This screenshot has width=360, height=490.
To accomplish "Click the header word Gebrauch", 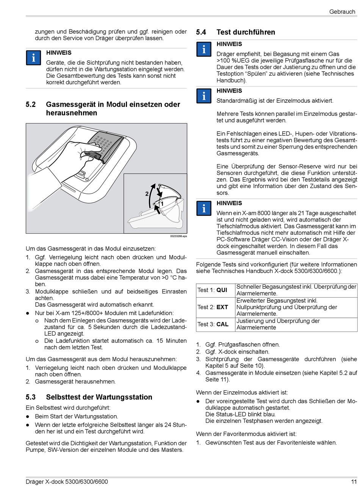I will click(342, 12).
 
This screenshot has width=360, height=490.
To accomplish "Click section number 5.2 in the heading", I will click(31, 104).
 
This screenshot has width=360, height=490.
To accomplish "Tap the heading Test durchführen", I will click(246, 32).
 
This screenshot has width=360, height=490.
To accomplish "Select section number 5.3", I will click(31, 397).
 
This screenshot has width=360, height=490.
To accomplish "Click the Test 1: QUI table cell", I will click(216, 290).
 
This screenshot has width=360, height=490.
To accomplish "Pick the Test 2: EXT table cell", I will click(216, 307).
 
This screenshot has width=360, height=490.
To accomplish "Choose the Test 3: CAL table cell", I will click(216, 324).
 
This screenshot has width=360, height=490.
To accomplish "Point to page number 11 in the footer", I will click(354, 482).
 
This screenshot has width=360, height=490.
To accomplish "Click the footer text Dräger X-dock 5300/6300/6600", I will click(67, 482).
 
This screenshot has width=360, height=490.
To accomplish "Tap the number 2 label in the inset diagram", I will click(147, 194).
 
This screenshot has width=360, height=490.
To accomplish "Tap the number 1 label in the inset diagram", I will click(162, 204).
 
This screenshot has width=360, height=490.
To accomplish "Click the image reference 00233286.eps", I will click(178, 236).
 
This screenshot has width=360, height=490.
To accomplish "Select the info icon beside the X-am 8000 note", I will click(204, 208).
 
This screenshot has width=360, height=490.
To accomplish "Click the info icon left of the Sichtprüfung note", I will click(33, 58).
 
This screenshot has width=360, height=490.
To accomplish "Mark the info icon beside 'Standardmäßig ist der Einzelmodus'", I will click(204, 96).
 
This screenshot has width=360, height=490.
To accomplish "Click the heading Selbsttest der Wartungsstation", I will click(99, 397).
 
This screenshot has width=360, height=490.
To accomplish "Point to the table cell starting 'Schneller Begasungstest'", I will click(296, 290).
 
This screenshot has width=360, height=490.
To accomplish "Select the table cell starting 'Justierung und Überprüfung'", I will click(296, 324).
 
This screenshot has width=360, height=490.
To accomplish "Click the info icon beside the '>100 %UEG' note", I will click(204, 49).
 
